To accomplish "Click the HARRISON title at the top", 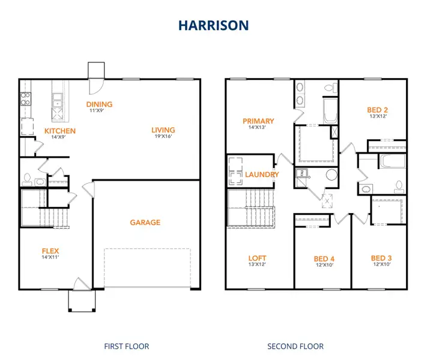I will [213, 25].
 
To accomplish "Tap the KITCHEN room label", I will [60, 131].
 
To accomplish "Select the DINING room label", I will [100, 104].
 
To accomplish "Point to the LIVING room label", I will [163, 130].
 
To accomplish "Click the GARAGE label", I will [145, 223].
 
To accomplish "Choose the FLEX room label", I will [50, 251].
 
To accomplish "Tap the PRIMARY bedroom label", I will [258, 121].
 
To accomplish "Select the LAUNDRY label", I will [262, 175].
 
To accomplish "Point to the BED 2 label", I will [377, 110].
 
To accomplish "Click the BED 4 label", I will [324, 259].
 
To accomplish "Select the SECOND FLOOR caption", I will [295, 346].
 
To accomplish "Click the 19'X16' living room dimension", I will [163, 137].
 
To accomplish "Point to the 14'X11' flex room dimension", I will [50, 257].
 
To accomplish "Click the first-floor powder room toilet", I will [27, 178].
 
